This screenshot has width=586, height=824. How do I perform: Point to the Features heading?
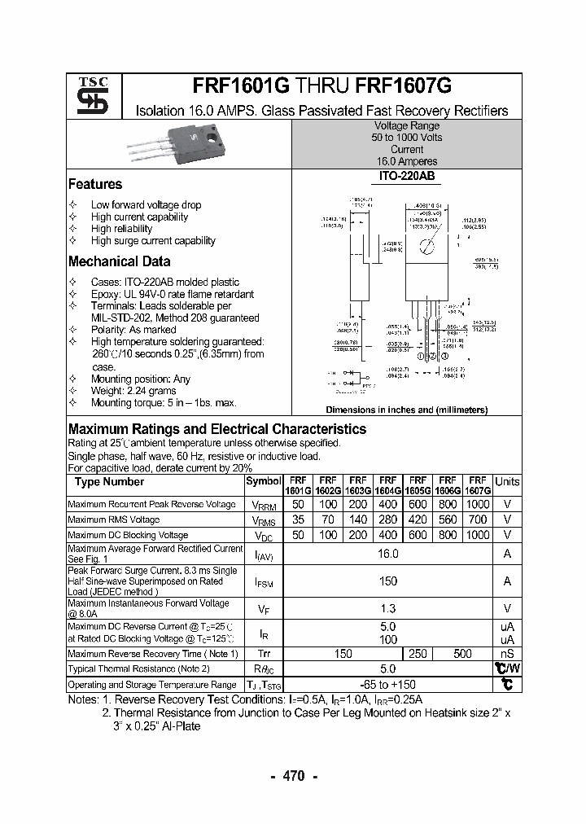tap(95, 184)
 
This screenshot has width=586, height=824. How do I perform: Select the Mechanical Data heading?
tap(119, 261)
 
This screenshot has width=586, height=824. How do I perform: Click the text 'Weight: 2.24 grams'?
tap(133, 391)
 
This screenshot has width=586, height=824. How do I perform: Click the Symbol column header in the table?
tap(263, 481)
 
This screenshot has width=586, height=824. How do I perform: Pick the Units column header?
tap(507, 481)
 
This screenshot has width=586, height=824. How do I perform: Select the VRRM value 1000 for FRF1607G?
tap(478, 505)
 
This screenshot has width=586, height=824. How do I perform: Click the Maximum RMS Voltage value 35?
tap(298, 519)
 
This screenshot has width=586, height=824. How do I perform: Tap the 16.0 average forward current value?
tap(388, 554)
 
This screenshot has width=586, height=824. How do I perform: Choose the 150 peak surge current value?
tap(388, 581)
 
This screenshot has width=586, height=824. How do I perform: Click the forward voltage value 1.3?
tap(388, 608)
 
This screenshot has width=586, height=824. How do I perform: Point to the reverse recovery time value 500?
tap(462, 654)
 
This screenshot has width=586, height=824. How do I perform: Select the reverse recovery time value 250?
tap(417, 654)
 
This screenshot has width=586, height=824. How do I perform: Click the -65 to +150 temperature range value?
tap(388, 685)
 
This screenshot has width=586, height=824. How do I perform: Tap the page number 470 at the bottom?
tap(293, 776)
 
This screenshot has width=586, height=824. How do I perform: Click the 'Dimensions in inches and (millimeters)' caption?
tap(406, 410)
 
